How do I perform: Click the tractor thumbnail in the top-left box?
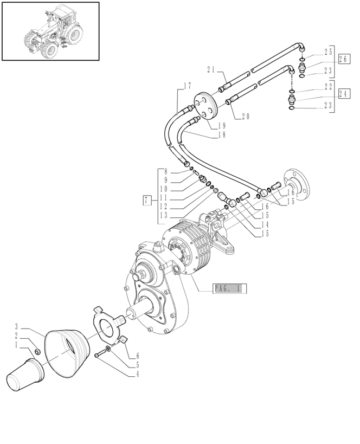(x=50, y=31)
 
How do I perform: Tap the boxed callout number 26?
(x=342, y=59)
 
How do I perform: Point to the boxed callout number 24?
(x=342, y=93)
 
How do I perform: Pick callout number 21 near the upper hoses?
(x=211, y=69)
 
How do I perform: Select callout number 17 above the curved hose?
(x=187, y=86)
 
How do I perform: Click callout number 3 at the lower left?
(x=17, y=326)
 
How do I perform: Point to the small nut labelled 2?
(x=37, y=352)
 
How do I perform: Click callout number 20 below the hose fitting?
(x=245, y=115)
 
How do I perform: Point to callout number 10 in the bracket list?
(x=163, y=188)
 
